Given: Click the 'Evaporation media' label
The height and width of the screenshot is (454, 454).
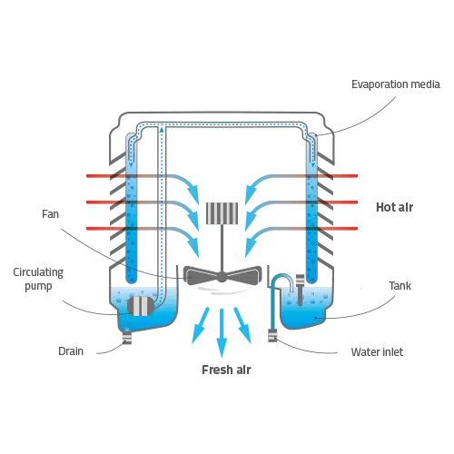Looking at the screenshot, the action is (396, 84).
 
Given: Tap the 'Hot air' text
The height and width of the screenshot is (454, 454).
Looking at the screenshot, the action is (394, 207).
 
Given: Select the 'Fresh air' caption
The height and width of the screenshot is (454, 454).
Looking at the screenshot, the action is (226, 370).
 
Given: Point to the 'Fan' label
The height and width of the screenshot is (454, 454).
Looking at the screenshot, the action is (50, 214).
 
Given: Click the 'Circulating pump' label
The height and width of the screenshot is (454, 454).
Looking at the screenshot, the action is (38, 279).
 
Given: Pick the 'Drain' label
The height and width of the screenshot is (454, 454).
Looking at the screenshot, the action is (71, 351).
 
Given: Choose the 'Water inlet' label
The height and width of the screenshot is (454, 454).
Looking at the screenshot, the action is (377, 352).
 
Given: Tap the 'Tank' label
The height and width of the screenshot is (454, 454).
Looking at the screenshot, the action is (400, 286).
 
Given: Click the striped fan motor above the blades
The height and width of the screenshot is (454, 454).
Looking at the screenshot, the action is (222, 213).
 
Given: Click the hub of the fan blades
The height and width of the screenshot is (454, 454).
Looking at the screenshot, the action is (222, 277).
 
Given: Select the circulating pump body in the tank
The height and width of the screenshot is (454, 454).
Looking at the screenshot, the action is (141, 306).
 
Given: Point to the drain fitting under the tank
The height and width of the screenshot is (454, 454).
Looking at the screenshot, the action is (127, 338).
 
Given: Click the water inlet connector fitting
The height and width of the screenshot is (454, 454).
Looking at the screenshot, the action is (272, 335).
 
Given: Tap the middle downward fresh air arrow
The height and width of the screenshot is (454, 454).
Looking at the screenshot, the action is (222, 333).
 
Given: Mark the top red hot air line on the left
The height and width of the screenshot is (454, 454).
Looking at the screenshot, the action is (106, 176).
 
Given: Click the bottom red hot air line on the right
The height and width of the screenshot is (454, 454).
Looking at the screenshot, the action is (338, 228).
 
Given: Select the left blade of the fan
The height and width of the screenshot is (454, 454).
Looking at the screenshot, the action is (202, 276).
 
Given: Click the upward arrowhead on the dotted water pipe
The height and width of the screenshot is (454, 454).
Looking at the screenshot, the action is (162, 131).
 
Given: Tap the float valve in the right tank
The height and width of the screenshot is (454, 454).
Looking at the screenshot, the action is (300, 290).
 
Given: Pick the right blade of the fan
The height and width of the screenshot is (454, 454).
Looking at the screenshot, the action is (244, 275).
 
